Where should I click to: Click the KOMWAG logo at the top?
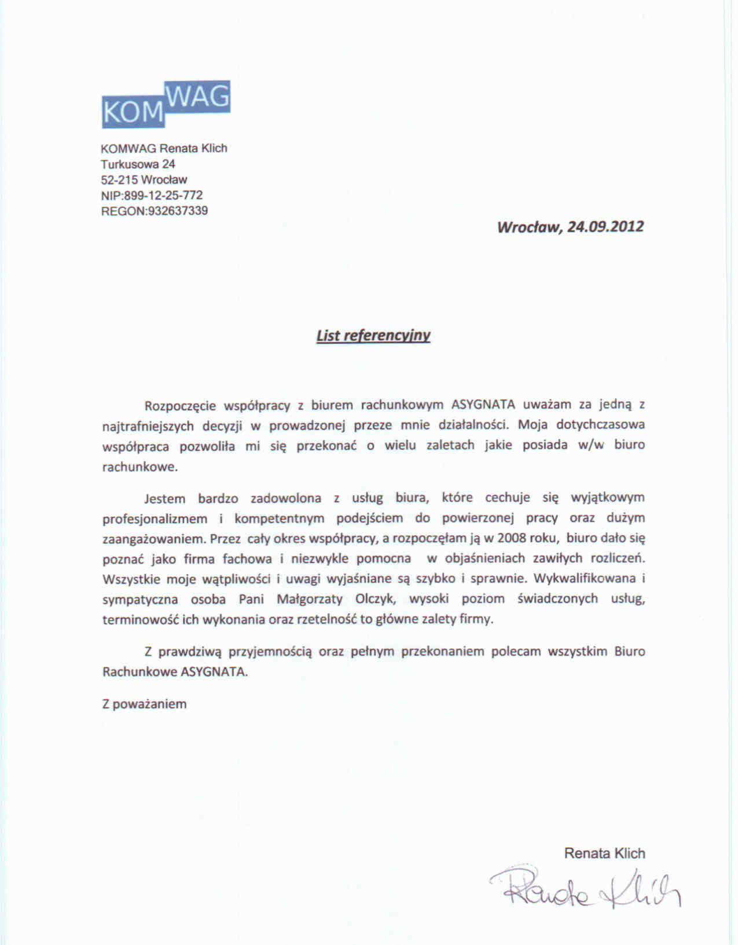pos(166,104)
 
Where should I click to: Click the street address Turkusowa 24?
pos(138,164)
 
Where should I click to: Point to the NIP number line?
pos(152,196)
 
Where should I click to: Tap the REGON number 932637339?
pos(178,211)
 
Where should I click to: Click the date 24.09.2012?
pos(605,226)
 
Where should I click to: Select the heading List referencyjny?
pos(373,336)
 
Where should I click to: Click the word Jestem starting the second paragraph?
pos(165,498)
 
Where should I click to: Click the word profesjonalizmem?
pos(155,519)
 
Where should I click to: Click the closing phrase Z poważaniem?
pos(145,704)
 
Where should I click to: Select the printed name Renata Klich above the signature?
pos(604,853)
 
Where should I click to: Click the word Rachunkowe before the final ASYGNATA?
pos(139,672)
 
